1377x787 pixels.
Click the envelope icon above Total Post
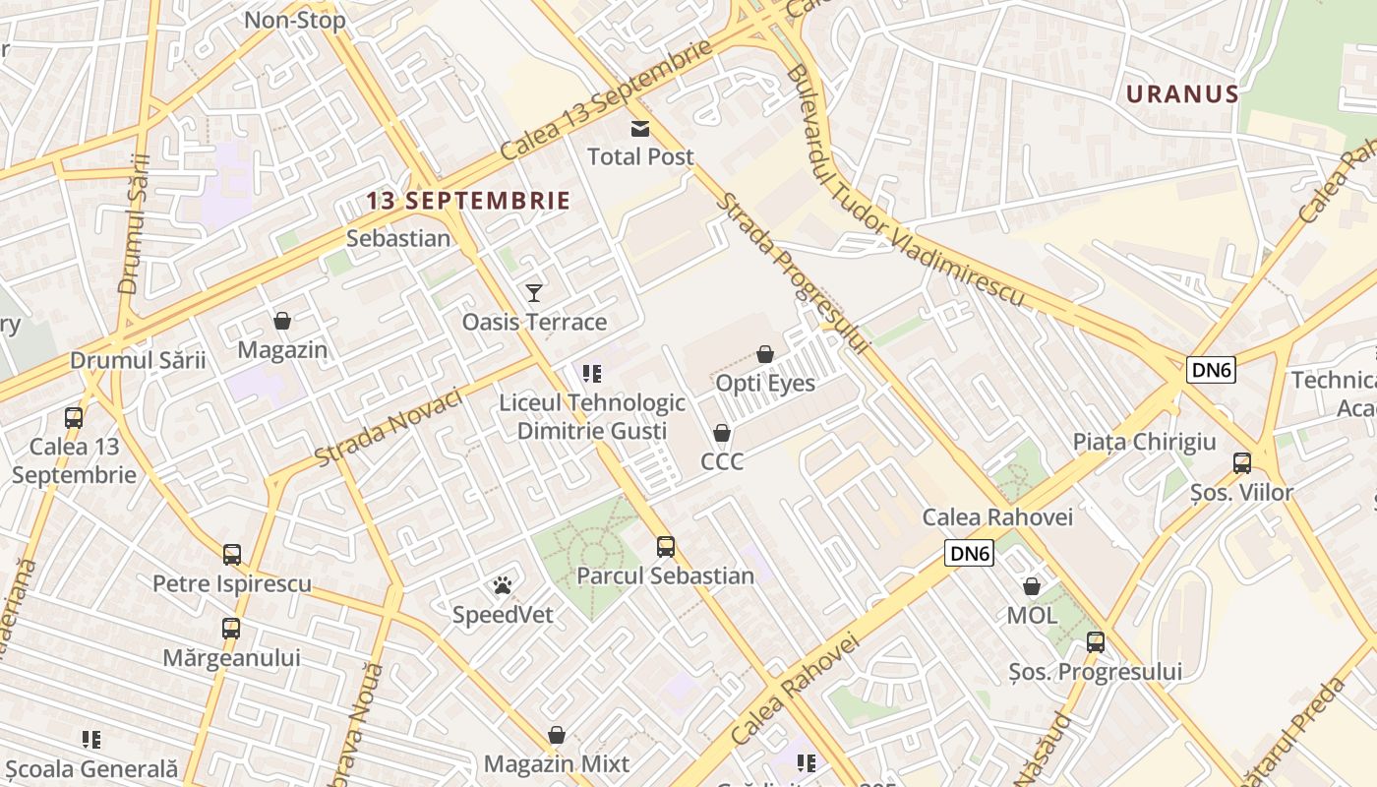click(x=640, y=129)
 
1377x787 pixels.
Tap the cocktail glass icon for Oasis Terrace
click(x=534, y=292)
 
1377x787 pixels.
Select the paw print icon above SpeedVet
click(x=503, y=586)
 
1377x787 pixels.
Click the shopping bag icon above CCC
click(x=722, y=433)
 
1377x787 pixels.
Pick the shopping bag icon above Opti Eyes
click(x=765, y=354)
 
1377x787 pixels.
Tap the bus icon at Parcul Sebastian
click(x=666, y=546)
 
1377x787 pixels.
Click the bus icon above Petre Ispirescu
click(x=232, y=555)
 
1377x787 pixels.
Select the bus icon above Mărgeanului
click(x=231, y=628)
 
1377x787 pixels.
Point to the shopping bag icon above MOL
click(x=1032, y=586)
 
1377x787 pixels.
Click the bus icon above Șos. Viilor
click(x=1242, y=462)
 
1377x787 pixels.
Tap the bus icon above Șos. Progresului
click(x=1096, y=642)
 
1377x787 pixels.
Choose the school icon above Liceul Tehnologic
click(x=591, y=373)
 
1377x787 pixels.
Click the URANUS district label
click(x=1182, y=94)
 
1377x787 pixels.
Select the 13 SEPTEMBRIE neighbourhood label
click(x=468, y=201)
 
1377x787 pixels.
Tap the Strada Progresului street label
click(x=792, y=272)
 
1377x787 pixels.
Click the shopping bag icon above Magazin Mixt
click(x=557, y=735)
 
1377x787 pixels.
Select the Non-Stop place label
click(x=295, y=21)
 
